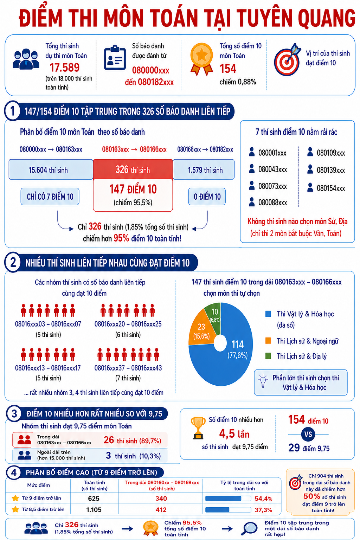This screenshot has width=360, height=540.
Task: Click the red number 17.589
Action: click(64, 67)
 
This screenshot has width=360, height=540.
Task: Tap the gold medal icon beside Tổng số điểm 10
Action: click(201, 59)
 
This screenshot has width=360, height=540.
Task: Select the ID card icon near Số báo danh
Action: click(115, 58)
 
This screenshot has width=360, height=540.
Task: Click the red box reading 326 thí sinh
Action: click(133, 169)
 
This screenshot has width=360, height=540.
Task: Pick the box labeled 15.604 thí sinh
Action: click(51, 169)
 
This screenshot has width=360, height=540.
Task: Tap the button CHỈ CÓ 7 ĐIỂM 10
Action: click(50, 197)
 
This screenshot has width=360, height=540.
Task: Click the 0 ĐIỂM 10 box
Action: click(207, 197)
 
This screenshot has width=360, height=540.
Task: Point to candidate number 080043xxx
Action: click(273, 169)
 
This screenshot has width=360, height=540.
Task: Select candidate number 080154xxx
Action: click(331, 188)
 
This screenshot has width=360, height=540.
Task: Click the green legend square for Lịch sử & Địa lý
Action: click(268, 356)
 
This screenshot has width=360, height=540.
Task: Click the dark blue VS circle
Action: click(308, 435)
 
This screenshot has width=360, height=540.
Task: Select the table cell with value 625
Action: click(94, 498)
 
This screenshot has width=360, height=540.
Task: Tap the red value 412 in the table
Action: click(161, 510)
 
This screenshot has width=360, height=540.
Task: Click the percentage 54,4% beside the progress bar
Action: click(264, 499)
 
